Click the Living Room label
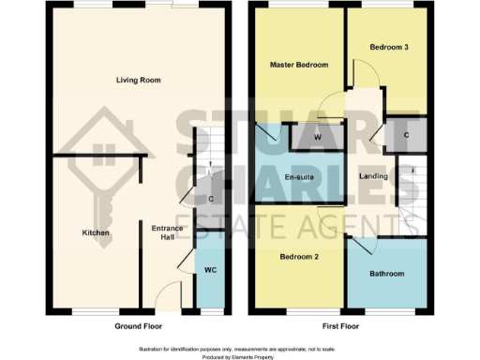pyautogui.click(x=139, y=81)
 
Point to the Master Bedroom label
pyautogui.click(x=298, y=65)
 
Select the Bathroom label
pyautogui.click(x=385, y=274)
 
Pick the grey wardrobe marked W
pyautogui.click(x=318, y=137)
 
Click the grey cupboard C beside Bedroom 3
pyautogui.click(x=404, y=133)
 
